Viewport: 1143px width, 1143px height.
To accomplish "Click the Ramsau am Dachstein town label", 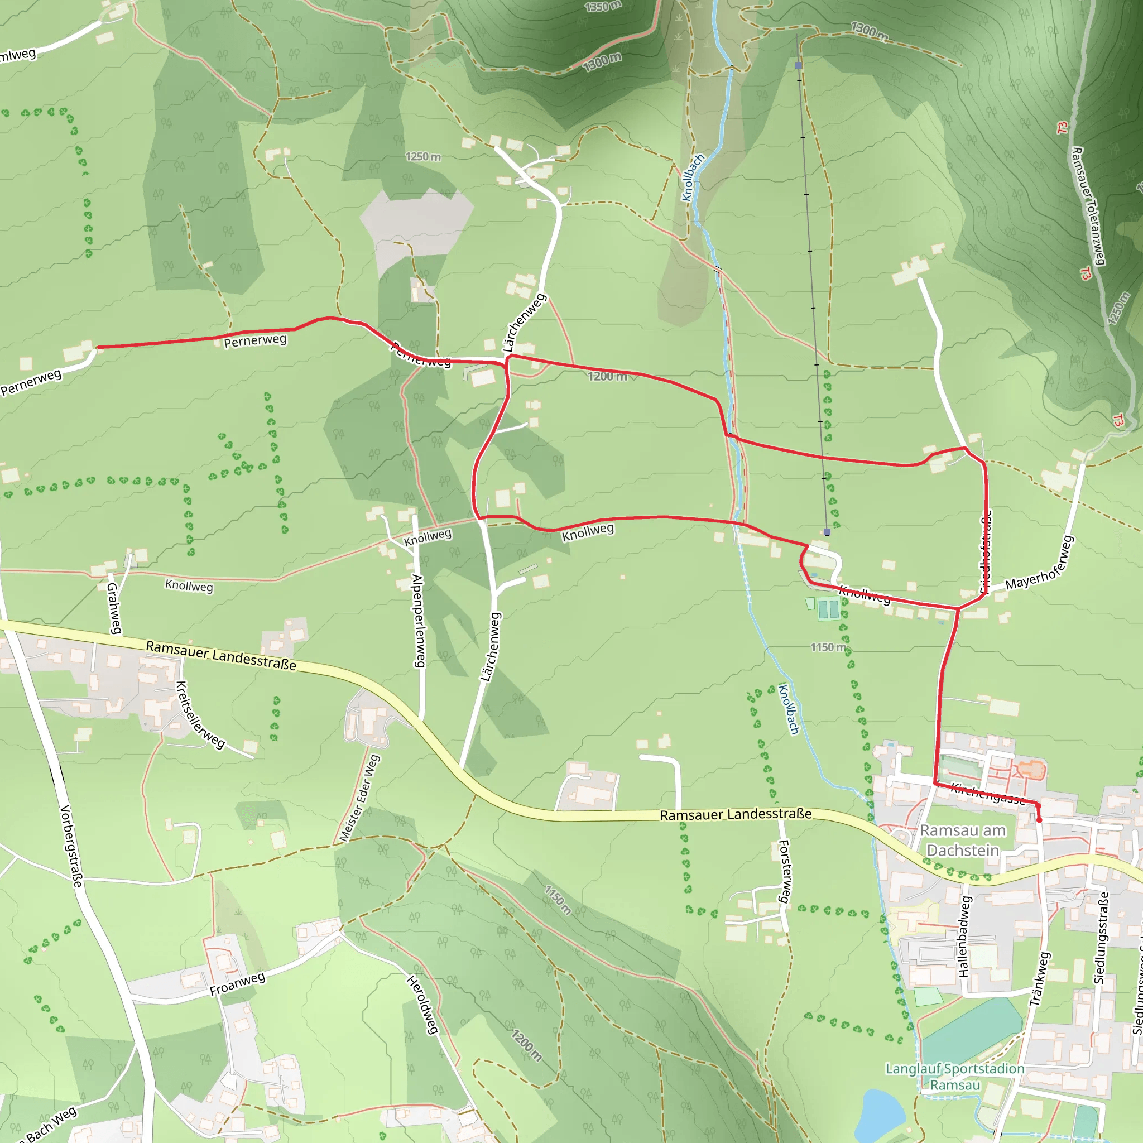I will click(x=963, y=840).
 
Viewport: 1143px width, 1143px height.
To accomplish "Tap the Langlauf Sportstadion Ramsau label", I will click(x=954, y=1077).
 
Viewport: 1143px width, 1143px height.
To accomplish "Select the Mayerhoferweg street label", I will click(x=1039, y=563).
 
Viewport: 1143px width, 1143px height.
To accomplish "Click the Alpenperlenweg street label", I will click(x=417, y=621).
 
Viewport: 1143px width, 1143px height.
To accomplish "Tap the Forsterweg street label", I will click(x=784, y=871).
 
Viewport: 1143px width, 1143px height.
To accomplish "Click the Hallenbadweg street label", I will click(x=965, y=937).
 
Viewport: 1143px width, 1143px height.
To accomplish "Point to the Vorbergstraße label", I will click(x=71, y=846).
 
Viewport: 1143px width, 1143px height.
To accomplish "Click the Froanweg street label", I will click(x=237, y=983).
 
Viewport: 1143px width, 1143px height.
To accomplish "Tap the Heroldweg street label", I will click(x=422, y=1005).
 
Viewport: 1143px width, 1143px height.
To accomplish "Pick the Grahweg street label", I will click(x=114, y=608).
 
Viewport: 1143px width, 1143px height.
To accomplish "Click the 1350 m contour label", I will click(x=603, y=7).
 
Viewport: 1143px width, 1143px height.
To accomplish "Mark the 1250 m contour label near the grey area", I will click(x=423, y=157).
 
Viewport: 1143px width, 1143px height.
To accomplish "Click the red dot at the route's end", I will click(x=1039, y=820).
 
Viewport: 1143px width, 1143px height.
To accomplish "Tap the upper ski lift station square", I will click(x=799, y=65).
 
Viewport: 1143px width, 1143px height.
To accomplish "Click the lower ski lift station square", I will click(x=827, y=532).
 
